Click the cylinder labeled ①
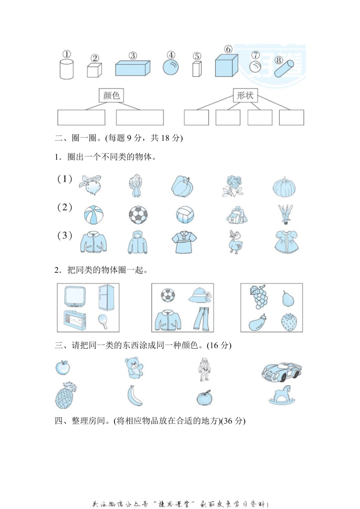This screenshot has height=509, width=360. coord(66,69)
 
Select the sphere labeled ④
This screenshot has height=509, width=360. coord(171,67)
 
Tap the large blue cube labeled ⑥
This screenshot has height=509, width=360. coord(226,66)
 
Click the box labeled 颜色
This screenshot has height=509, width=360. coord(111,95)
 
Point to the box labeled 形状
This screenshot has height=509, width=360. coord(245,95)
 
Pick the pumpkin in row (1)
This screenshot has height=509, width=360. coord(284,187)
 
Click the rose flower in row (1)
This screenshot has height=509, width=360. coord(232,186)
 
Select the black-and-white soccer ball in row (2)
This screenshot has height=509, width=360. coord(138,215)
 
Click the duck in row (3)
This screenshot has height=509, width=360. coord(235,242)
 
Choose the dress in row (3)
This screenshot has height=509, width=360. coord(286,242)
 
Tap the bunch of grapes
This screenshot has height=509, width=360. coord(259,297)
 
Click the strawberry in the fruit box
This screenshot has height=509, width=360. coord(289,322)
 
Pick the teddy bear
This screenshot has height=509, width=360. coord(134,367)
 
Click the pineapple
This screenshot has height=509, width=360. coord(65,395)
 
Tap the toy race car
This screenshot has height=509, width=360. coord(282,372)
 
